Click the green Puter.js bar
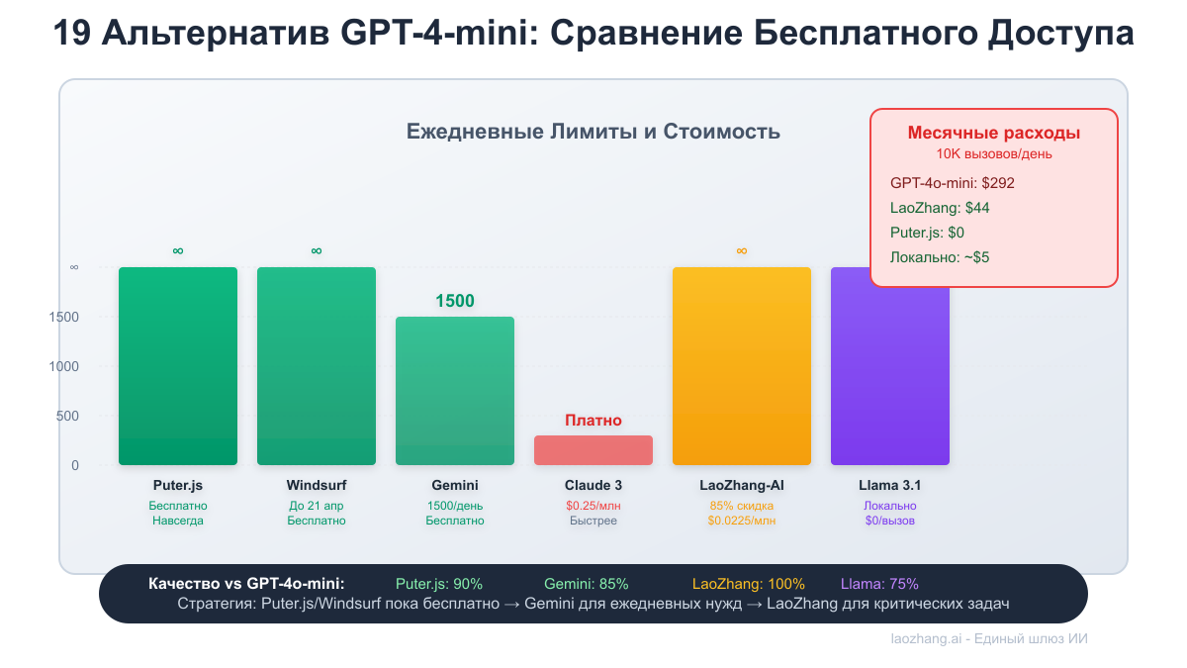178,366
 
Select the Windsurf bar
317,366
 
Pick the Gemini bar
455,391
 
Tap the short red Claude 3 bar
593,450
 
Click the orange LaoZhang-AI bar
742,366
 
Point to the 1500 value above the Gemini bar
455,301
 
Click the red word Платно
593,421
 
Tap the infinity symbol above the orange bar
742,251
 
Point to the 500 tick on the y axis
66,416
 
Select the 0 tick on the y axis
75,465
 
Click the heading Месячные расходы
993,134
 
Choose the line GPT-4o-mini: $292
952,183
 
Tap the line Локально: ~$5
940,257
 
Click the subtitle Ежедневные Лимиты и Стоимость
593,132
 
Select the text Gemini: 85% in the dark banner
586,584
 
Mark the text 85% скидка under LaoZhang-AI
742,506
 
